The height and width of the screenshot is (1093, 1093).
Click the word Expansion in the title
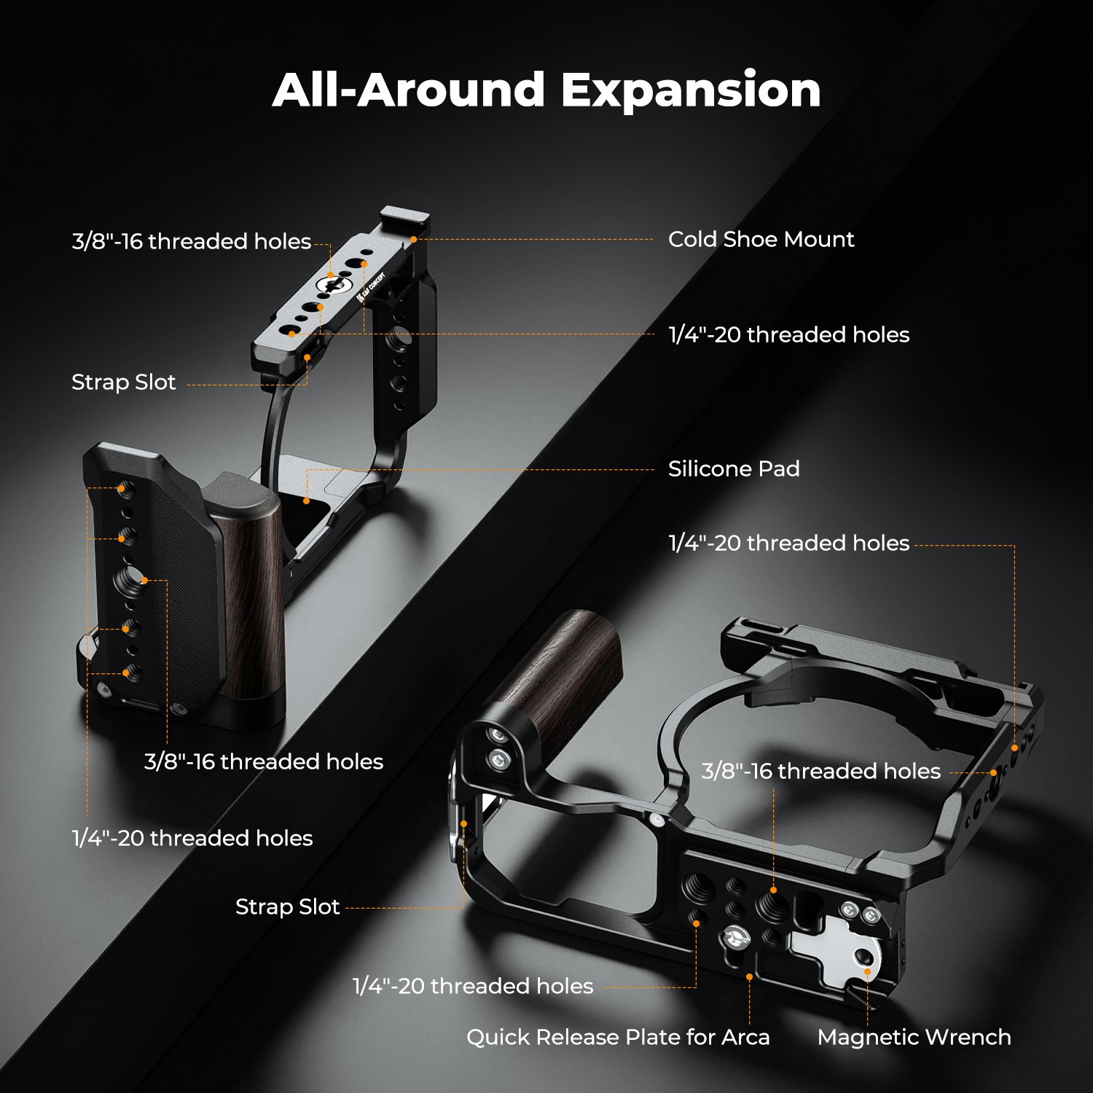691,90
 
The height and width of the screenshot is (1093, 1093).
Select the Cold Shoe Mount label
761,239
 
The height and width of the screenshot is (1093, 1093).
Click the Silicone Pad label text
734,469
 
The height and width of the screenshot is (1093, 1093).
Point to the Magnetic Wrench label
914,1037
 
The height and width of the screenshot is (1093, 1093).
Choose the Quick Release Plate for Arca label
618,1037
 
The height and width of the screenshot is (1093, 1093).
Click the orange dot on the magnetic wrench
867,971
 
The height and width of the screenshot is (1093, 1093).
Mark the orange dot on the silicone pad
307,501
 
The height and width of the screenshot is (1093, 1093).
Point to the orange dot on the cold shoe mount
413,239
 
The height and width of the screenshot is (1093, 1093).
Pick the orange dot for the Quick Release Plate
749,976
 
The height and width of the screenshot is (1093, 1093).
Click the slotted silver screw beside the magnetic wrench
736,937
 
